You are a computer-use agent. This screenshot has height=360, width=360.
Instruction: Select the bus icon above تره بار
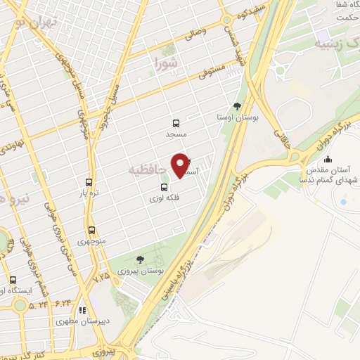[89, 181]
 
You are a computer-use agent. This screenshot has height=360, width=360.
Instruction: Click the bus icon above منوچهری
[92, 229]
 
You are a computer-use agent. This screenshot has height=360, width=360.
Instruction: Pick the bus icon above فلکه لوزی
[164, 187]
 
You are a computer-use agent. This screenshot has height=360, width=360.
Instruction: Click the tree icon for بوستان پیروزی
[140, 259]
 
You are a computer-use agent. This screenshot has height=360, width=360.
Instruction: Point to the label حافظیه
[148, 169]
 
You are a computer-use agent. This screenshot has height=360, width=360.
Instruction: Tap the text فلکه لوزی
[164, 199]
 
